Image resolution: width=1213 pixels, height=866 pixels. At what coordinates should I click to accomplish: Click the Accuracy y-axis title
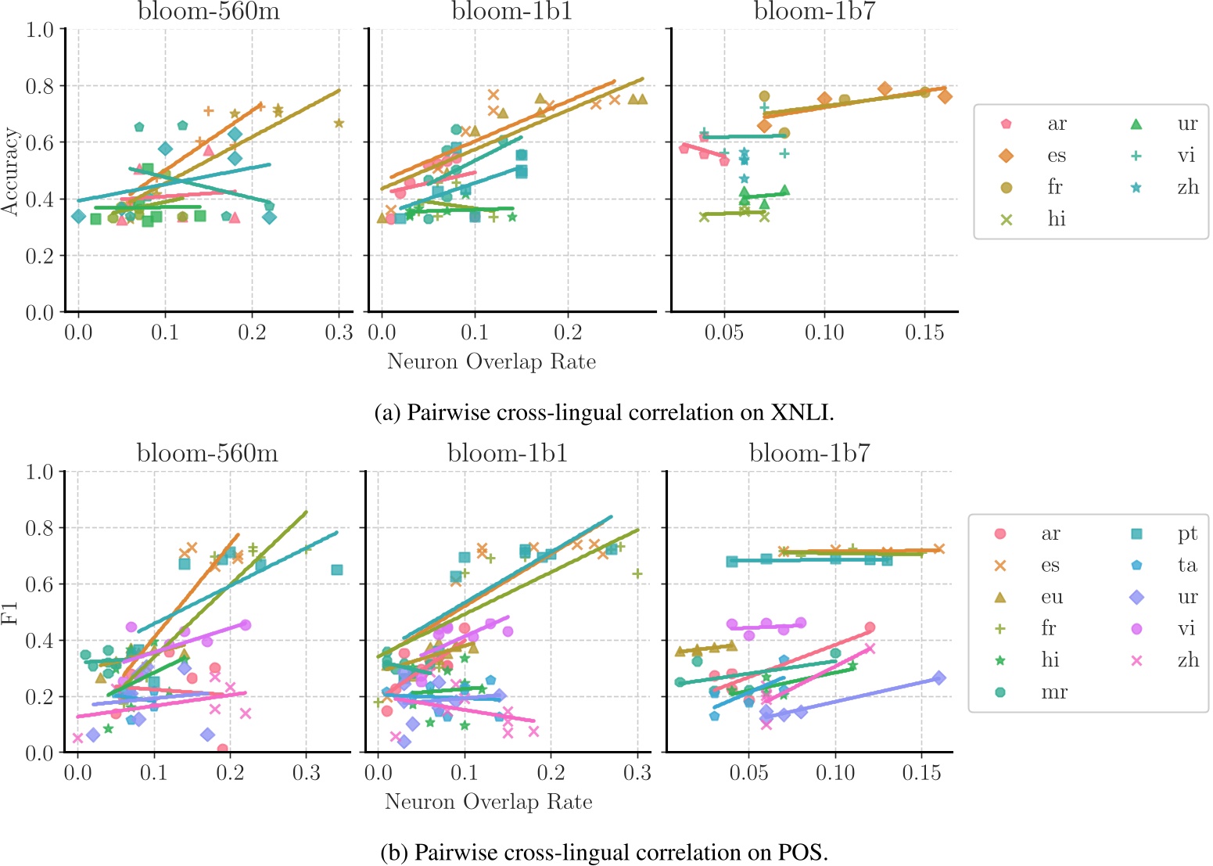coord(10,171)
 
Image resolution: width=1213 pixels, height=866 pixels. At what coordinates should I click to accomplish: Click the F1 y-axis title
coord(10,611)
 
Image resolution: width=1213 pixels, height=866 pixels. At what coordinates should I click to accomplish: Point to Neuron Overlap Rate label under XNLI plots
coord(491,361)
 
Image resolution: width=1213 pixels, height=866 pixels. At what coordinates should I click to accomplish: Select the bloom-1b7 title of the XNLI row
coord(814,12)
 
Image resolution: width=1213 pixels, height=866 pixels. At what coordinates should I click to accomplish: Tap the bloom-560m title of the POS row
coord(207,453)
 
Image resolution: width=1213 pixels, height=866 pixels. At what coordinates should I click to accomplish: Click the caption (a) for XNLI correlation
coord(605,412)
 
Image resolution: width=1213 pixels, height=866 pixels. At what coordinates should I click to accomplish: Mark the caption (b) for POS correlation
coord(604,852)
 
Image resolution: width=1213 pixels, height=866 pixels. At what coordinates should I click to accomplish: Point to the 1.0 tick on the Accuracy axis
coord(40,30)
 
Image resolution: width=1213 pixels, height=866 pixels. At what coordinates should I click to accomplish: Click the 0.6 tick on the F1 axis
coord(40,584)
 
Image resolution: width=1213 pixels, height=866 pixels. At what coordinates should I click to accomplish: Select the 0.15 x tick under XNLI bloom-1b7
coord(924,332)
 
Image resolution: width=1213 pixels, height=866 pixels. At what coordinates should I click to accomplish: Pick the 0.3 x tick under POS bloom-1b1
coord(637,773)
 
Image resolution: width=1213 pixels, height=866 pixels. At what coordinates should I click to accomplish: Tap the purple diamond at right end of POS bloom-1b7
coord(939,677)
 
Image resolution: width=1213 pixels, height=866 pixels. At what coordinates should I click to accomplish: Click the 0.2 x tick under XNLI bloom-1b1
coord(568,332)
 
